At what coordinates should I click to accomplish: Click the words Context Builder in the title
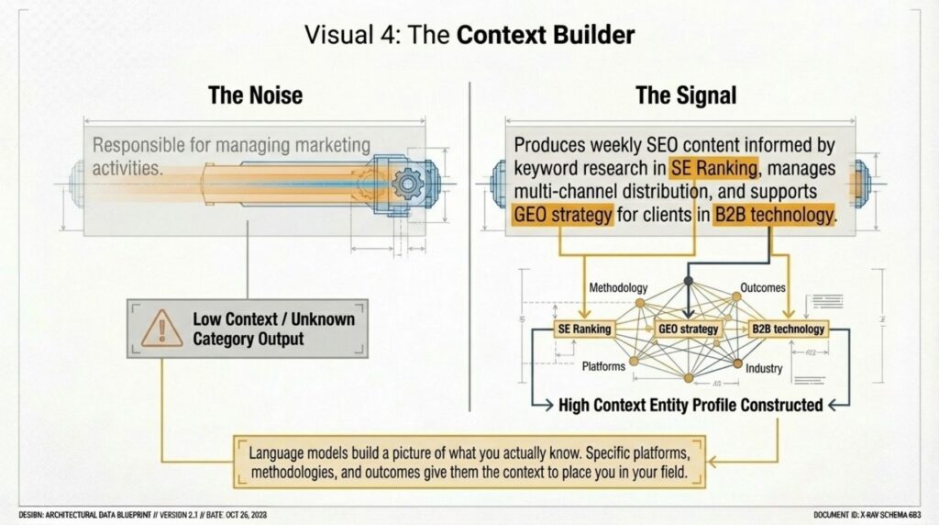pyautogui.click(x=545, y=35)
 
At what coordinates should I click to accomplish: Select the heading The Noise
pyautogui.click(x=255, y=95)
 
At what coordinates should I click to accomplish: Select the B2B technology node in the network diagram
pyautogui.click(x=788, y=329)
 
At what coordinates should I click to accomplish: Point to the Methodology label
pyautogui.click(x=618, y=287)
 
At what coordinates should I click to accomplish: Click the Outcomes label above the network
pyautogui.click(x=761, y=287)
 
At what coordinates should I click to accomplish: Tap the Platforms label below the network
pyautogui.click(x=603, y=366)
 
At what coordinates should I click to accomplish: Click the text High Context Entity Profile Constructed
pyautogui.click(x=690, y=404)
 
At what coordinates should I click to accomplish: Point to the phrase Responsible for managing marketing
pyautogui.click(x=231, y=145)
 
